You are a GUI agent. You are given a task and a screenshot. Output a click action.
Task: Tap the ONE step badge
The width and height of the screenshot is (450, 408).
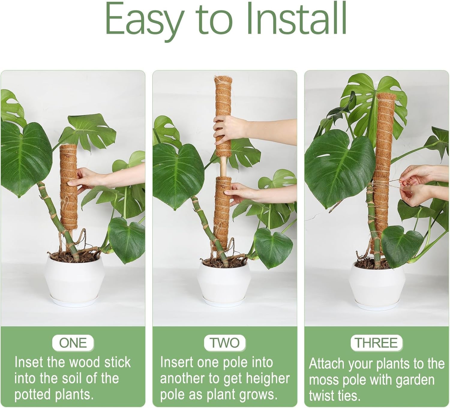pos(73,343)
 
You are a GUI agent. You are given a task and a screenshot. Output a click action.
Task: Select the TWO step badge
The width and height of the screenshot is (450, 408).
pos(225,343)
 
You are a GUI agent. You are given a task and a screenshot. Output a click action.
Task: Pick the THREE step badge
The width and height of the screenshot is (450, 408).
pos(376,343)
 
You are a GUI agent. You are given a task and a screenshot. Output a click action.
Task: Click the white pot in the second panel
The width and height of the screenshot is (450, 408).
pos(225,283)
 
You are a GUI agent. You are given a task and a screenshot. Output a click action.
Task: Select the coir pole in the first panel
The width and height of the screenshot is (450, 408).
pos(69,186)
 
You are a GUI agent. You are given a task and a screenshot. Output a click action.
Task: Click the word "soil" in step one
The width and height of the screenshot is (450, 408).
pos(72,379)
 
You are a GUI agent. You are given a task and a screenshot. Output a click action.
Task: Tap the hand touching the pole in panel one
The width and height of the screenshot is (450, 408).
pos(85,178)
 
